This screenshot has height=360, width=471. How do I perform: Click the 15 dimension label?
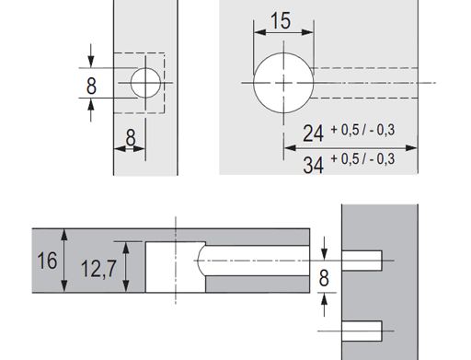[281, 21]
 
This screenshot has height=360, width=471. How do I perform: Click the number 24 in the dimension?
[313, 134]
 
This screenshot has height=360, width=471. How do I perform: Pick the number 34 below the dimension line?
[313, 165]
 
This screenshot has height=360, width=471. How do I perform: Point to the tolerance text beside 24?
[362, 130]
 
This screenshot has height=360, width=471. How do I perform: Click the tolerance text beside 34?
[362, 159]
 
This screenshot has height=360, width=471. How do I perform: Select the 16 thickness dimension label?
[47, 261]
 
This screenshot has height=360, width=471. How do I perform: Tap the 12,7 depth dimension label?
[98, 268]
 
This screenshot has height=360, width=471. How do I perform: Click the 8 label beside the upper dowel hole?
[324, 278]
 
